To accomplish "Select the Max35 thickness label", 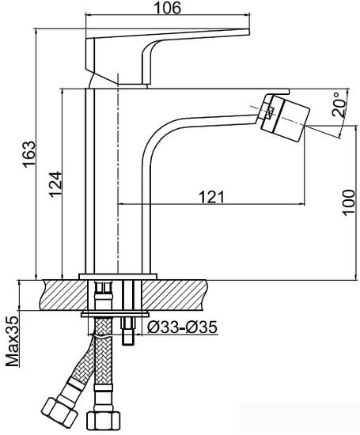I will click(11, 342).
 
